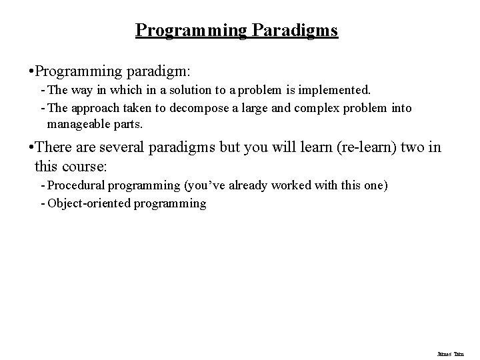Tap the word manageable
(x=78, y=124)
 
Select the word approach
(x=93, y=108)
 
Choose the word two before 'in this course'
(x=413, y=147)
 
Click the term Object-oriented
(x=91, y=203)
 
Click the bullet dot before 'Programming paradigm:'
(x=25, y=70)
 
